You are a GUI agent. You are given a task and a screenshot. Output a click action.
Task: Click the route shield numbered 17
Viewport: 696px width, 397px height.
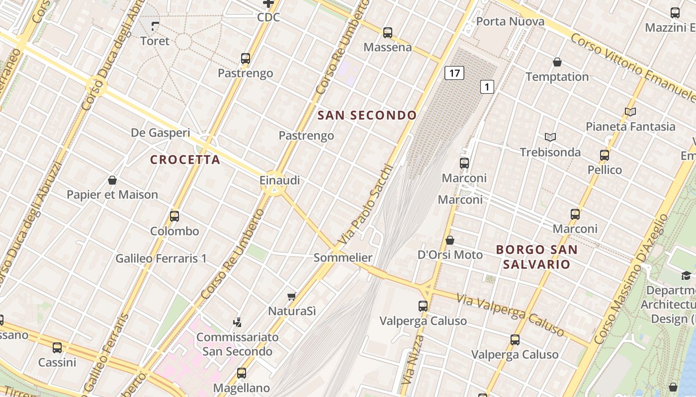click(454, 73)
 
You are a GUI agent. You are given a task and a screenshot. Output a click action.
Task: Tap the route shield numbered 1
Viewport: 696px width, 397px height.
click(487, 87)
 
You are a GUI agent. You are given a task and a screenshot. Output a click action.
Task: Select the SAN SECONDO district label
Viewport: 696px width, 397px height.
click(367, 116)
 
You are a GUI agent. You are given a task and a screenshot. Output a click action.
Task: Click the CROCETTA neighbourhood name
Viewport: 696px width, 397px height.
click(185, 160)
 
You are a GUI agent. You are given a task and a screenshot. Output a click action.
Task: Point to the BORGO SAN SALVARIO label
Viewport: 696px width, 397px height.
click(537, 257)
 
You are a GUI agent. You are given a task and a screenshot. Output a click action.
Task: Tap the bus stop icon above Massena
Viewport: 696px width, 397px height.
click(388, 33)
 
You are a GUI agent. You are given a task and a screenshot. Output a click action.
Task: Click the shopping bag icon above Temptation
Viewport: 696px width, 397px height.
click(557, 62)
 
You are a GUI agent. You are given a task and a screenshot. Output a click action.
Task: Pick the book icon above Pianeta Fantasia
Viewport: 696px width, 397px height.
click(630, 112)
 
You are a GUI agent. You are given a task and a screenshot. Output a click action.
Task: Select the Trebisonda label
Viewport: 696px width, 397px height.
click(550, 152)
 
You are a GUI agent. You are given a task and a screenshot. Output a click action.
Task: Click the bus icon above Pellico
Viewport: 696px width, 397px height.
click(605, 155)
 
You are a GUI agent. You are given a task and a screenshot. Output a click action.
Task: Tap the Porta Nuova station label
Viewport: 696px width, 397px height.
click(510, 22)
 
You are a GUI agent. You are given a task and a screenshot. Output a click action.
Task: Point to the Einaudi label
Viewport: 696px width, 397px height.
click(280, 180)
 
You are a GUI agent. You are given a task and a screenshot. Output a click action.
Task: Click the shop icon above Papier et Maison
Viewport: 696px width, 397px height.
click(112, 180)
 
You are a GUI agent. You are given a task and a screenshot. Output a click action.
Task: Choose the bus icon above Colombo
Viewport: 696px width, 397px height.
click(174, 216)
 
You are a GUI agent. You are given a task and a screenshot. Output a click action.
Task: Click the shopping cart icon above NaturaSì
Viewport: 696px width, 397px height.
click(292, 297)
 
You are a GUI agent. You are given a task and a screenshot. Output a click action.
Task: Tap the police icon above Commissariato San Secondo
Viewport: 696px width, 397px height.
click(238, 322)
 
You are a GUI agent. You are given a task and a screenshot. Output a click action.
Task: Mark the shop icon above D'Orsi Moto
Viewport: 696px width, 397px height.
click(450, 240)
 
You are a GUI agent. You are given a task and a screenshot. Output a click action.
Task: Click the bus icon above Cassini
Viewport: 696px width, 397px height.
click(57, 348)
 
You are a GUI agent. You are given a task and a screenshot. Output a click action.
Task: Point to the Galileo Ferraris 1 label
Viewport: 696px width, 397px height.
click(161, 259)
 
